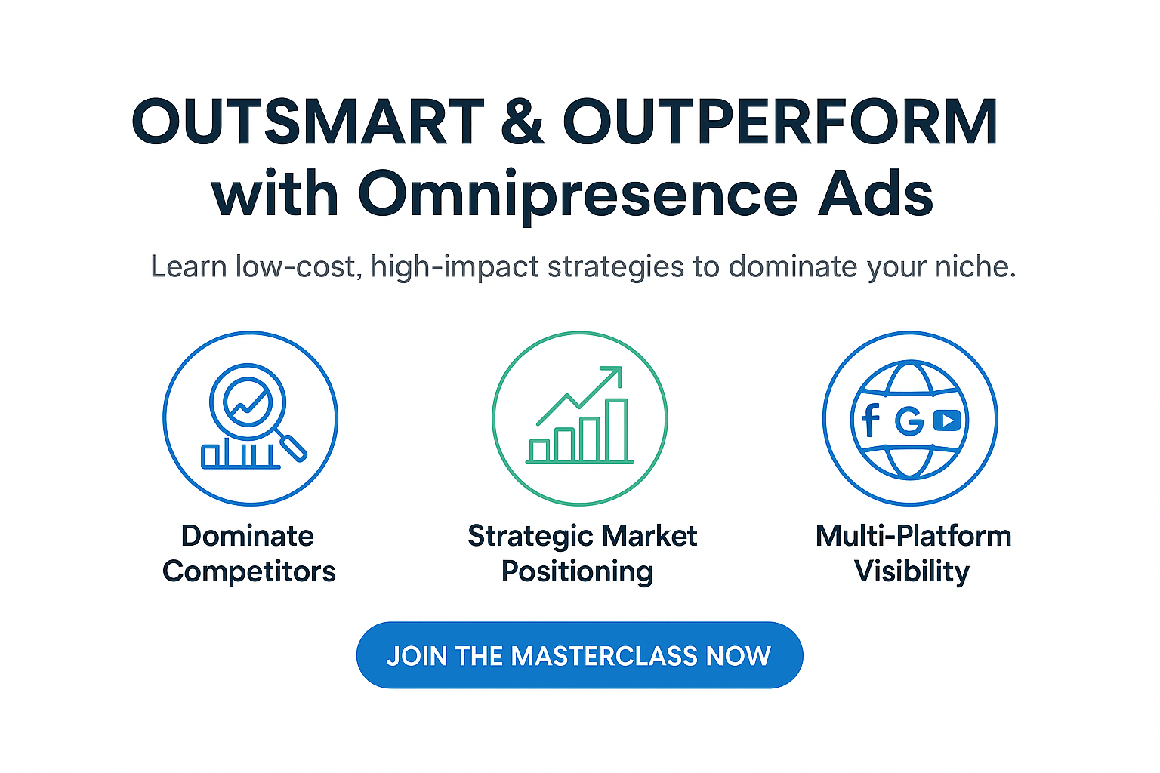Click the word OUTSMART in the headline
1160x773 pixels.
tap(308, 122)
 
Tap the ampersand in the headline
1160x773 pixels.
tap(523, 122)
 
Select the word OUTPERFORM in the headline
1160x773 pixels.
tap(780, 122)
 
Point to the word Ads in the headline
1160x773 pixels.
tap(875, 193)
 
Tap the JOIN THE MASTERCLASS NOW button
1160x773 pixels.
tap(579, 655)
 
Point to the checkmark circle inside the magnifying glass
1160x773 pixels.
tap(248, 402)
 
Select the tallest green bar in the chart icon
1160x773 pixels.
tap(617, 430)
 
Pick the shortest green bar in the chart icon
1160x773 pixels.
tap(539, 450)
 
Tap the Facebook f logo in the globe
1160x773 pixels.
tap(871, 420)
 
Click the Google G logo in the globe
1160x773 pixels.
tap(909, 420)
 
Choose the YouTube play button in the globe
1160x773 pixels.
tap(947, 420)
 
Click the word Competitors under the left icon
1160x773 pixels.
tap(249, 572)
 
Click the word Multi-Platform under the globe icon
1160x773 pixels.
tap(914, 537)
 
